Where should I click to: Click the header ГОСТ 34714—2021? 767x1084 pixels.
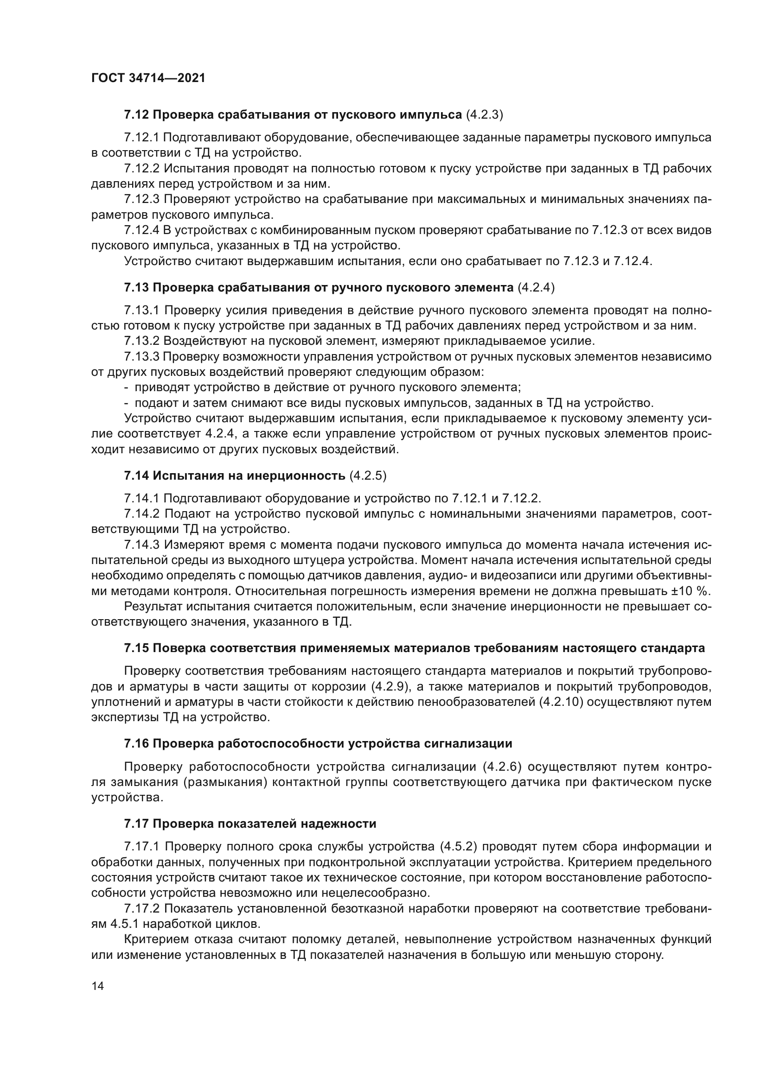pos(148,78)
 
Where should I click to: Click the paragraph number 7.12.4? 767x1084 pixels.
pos(142,230)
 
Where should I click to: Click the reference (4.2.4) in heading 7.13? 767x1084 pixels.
pos(536,287)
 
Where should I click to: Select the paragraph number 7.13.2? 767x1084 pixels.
pos(142,341)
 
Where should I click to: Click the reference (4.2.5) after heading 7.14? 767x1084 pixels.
pos(368,475)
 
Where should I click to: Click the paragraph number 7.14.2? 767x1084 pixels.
pos(142,513)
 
